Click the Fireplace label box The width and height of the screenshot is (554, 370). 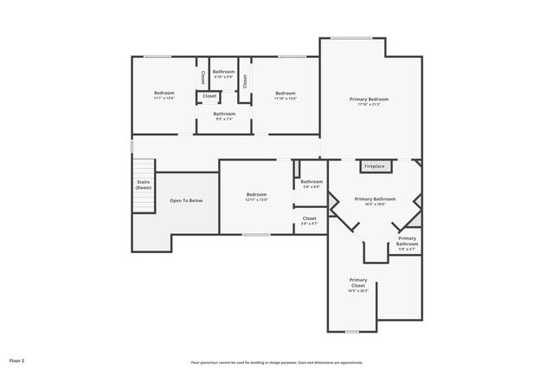pos(374,166)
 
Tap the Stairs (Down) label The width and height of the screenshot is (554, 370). pos(143,184)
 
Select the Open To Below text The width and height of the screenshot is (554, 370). pos(186,200)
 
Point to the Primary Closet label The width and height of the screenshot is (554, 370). pos(358,282)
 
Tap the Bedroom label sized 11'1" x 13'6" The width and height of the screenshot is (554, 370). pos(164,93)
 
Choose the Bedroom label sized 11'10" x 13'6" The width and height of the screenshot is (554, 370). pos(286,93)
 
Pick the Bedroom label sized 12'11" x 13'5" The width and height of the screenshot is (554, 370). pos(256,194)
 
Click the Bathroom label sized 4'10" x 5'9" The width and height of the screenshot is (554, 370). pos(224,71)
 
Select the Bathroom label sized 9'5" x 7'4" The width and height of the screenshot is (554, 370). pos(224,114)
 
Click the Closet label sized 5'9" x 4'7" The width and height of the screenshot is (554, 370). pos(309,218)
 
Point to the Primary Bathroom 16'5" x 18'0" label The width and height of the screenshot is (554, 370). pos(375,198)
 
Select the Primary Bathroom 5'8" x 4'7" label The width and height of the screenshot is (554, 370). pos(407,241)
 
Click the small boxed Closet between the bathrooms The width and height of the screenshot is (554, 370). pos(209,95)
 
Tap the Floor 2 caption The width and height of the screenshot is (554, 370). pos(17,360)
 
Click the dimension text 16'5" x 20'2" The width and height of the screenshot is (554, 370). pos(358,291)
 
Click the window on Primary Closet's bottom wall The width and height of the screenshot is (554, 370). pos(352,331)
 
